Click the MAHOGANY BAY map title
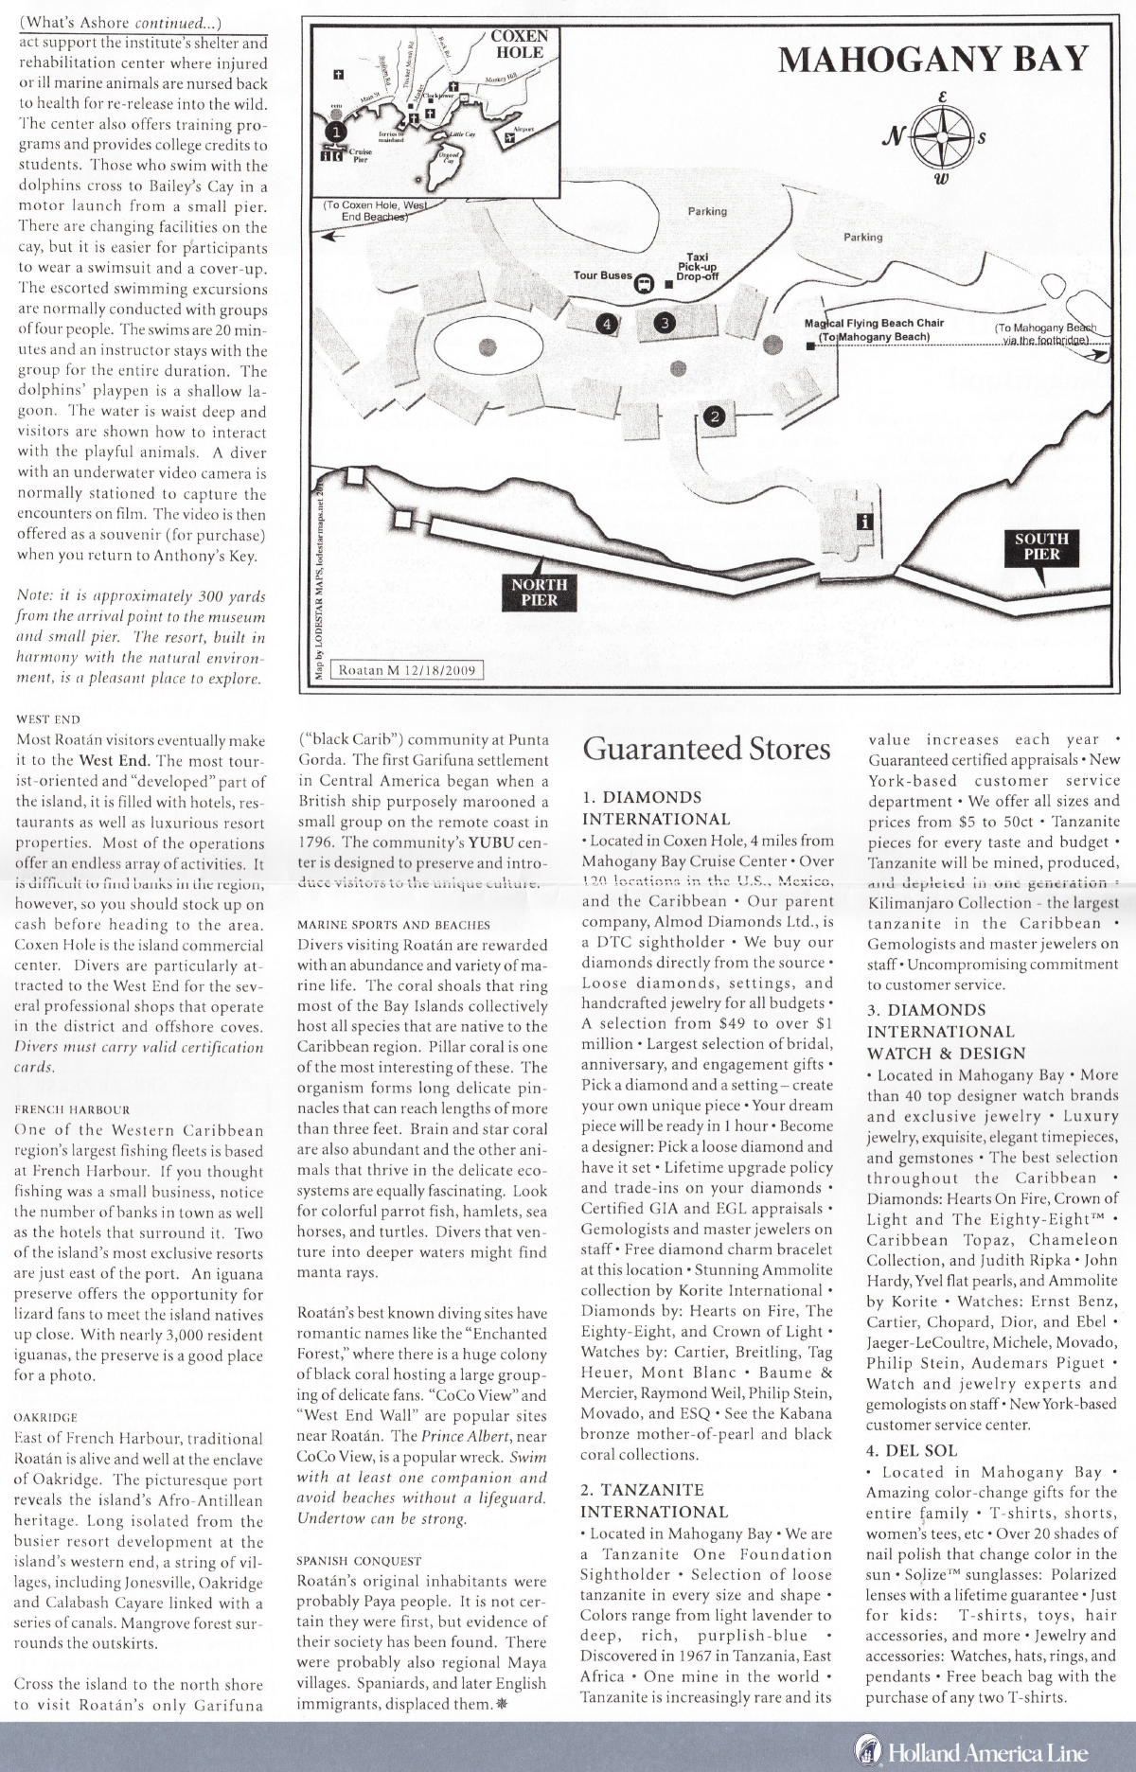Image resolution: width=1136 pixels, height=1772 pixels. (x=933, y=59)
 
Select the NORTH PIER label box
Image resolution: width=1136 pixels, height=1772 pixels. (x=539, y=592)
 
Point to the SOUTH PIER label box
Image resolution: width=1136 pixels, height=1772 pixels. (x=1041, y=546)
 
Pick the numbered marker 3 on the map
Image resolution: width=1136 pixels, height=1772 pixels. (x=665, y=323)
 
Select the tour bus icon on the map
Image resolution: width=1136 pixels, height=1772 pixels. (x=645, y=281)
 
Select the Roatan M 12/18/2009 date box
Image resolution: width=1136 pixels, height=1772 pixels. (x=410, y=670)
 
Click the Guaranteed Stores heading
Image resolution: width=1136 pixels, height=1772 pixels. (x=706, y=749)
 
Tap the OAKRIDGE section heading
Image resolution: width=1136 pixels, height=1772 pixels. (x=46, y=1417)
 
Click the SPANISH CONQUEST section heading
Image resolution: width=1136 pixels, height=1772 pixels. (x=359, y=1560)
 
